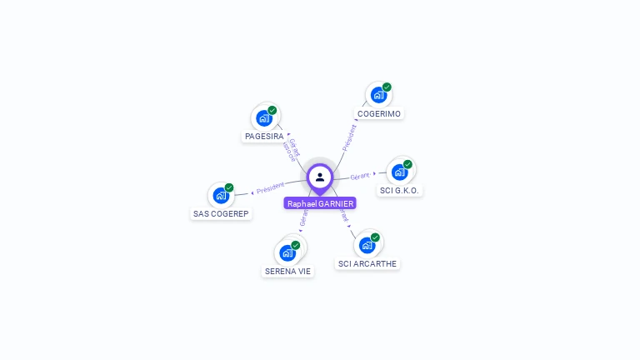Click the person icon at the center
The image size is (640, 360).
pos(320,177)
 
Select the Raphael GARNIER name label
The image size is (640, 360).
pos(320,203)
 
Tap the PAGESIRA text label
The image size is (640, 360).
pos(264,136)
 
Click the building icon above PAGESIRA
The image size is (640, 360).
pos(264,117)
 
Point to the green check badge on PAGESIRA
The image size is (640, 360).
pos(272,110)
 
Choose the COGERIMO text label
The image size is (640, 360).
pos(379,113)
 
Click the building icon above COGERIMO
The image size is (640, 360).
pos(378,95)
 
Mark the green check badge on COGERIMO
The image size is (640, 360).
pos(387,87)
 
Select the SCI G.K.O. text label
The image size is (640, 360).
pos(400,190)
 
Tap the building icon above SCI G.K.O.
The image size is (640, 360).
pos(399,172)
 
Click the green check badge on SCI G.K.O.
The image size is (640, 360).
pos(407,164)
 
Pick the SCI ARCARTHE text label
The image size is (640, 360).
pos(367,263)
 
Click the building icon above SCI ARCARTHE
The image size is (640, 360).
pos(367,245)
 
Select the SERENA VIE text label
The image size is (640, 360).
pos(287,271)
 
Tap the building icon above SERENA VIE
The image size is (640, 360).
pos(287,252)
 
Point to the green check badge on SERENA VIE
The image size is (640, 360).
pos(296,245)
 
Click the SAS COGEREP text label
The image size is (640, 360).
pos(221,213)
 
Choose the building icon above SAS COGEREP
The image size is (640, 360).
pos(221,195)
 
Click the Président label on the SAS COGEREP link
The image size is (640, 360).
pos(270,189)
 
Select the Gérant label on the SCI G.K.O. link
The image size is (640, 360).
pos(360,177)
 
